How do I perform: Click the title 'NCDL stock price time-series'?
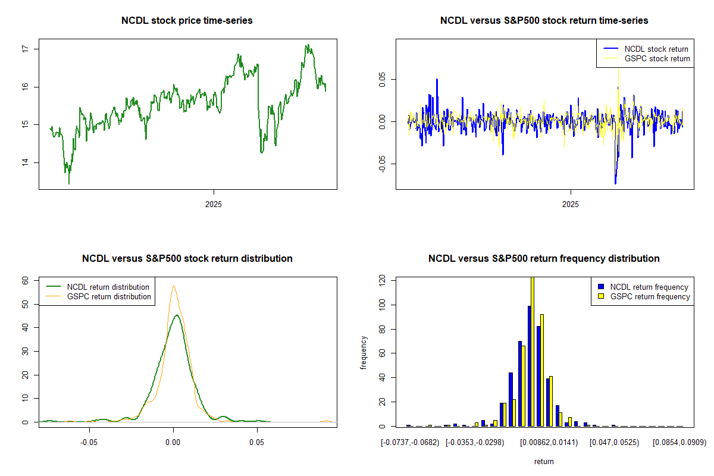tap(187, 21)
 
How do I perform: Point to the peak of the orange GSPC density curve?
tap(173, 286)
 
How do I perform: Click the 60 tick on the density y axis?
tap(26, 280)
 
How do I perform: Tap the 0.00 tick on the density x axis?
tap(173, 443)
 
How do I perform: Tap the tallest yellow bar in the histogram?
tap(532, 351)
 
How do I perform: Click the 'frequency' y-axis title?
tap(364, 352)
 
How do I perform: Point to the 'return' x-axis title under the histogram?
tap(544, 461)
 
